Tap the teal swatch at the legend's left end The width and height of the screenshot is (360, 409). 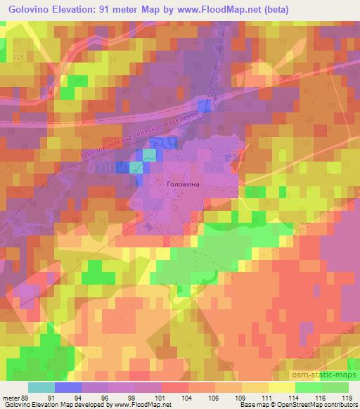[41, 387]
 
